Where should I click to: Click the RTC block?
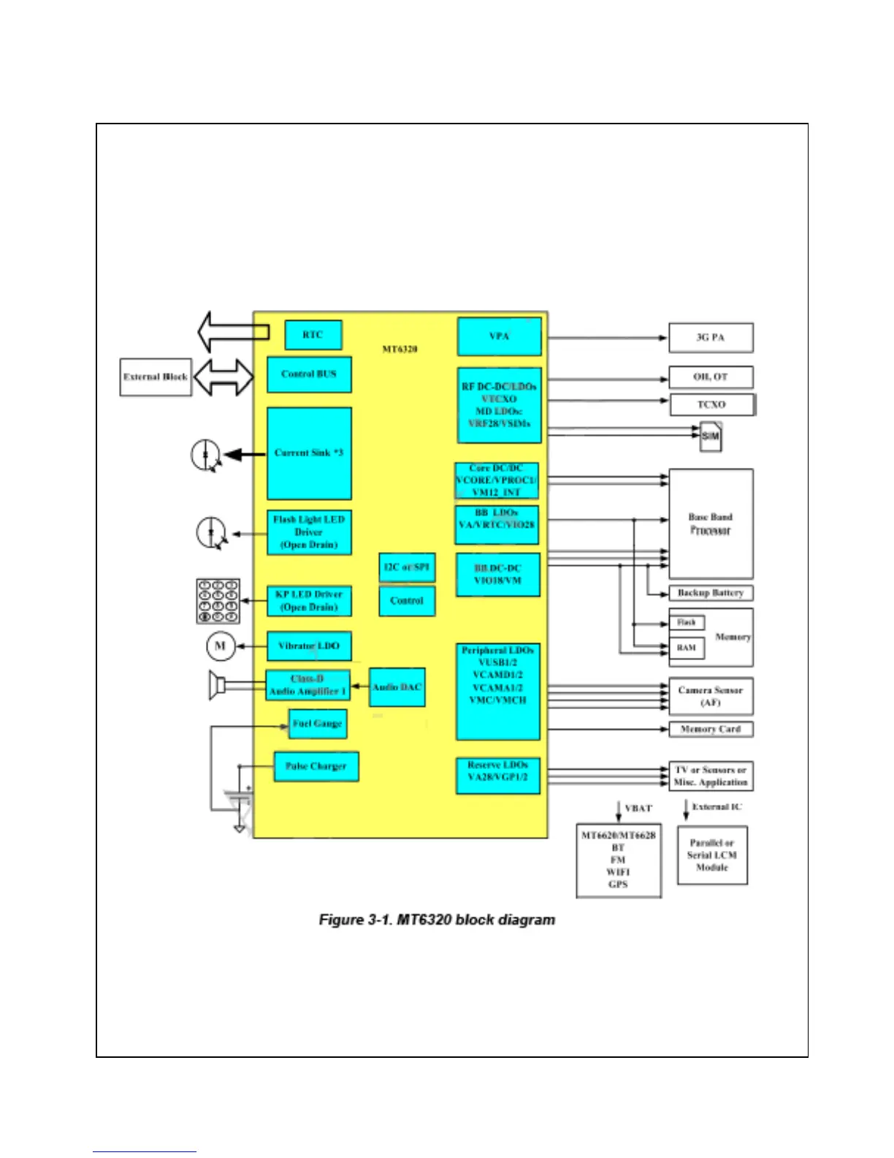click(x=313, y=335)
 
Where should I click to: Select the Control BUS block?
click(x=309, y=374)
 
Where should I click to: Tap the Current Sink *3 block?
click(x=309, y=453)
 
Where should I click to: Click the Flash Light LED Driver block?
click(x=309, y=532)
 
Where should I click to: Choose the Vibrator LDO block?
click(x=309, y=646)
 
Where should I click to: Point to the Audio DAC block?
click(x=397, y=687)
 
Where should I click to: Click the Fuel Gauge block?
click(x=317, y=724)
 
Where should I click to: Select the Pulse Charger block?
click(x=316, y=766)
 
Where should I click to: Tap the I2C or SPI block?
click(x=407, y=567)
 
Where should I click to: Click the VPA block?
click(x=499, y=336)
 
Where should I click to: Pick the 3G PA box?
click(x=711, y=338)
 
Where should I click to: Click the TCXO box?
click(x=711, y=404)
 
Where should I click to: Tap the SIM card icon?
click(x=711, y=436)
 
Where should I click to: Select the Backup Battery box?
click(x=711, y=593)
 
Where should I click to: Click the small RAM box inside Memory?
click(x=687, y=648)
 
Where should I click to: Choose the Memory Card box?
click(x=711, y=729)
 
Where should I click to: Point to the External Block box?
click(x=156, y=377)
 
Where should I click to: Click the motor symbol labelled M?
click(x=221, y=646)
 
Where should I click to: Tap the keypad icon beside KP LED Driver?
click(x=218, y=602)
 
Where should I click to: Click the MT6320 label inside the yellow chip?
click(x=400, y=349)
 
